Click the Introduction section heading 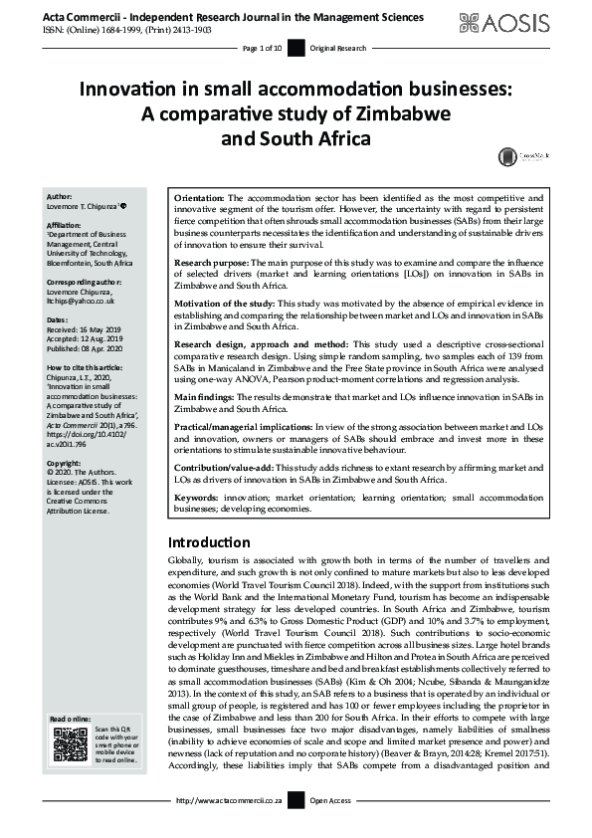[209, 542]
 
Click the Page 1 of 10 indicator [262, 48]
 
